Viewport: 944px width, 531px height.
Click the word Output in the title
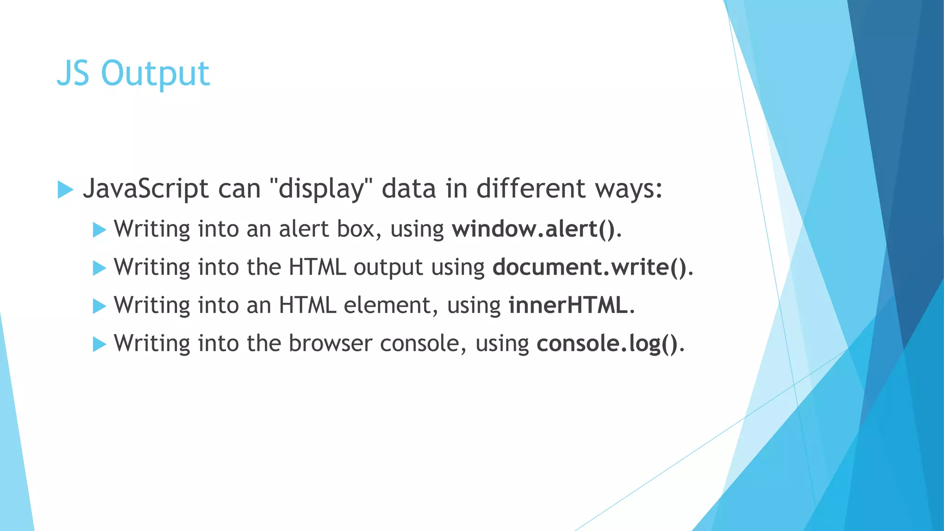[155, 74]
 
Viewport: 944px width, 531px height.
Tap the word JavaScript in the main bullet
[146, 189]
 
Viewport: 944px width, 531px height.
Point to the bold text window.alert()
[533, 229]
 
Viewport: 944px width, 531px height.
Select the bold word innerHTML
[568, 305]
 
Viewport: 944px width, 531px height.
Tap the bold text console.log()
[607, 343]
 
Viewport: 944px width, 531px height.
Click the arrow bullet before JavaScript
[65, 189]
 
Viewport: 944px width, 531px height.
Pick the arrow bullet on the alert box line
[99, 230]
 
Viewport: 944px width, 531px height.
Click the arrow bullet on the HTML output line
[99, 268]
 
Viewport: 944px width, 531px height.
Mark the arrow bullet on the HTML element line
[99, 306]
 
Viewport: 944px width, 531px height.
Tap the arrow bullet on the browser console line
[99, 344]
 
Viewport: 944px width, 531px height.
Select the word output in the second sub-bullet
[388, 268]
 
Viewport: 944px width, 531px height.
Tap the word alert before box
[304, 229]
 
